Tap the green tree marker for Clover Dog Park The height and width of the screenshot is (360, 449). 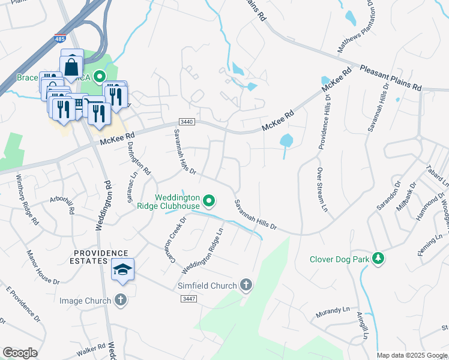click(x=378, y=259)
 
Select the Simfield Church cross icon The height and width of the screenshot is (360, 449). click(x=246, y=286)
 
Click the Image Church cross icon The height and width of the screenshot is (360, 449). click(x=121, y=300)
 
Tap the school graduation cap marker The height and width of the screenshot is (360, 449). click(x=122, y=271)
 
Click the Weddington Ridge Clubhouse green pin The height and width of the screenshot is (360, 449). click(x=209, y=200)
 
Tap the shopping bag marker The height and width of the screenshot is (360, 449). click(x=71, y=65)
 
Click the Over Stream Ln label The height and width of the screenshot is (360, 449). click(x=322, y=189)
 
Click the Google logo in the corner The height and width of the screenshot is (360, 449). click(x=20, y=353)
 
